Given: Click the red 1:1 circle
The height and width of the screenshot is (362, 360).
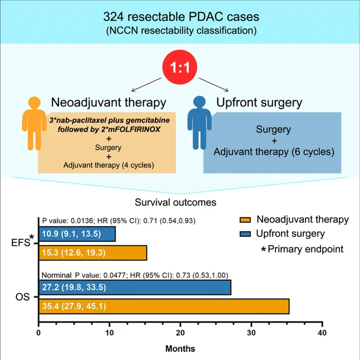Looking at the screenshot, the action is pos(180,67).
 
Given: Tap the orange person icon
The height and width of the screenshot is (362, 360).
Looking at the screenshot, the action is pos(35,124).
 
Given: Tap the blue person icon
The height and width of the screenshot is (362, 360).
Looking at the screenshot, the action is pos(200,122).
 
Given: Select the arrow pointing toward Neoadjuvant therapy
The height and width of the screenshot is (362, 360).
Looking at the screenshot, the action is pos(146,85).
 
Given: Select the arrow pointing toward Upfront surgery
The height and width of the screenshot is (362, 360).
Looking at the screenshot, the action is pos(214,85).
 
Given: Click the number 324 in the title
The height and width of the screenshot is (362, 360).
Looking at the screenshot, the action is pos(113,17).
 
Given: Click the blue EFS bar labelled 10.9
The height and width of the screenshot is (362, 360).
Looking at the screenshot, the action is pos(77,234).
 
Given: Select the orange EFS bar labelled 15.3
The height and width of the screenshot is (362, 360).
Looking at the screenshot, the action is pos(93,253).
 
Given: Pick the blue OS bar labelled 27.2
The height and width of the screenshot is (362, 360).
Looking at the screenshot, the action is pos(135,287).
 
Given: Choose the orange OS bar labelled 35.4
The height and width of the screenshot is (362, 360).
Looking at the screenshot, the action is pos(164,306).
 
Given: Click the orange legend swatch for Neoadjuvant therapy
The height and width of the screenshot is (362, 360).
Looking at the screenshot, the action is pos(245,220).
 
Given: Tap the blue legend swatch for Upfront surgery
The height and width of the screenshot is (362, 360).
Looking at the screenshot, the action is pos(245,234).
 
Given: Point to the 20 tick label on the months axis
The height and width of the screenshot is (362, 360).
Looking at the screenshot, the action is pos(180,333).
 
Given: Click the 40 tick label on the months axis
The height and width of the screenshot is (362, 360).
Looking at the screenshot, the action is pos(322,333).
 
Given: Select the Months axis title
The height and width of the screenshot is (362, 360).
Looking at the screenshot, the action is pos(180,348).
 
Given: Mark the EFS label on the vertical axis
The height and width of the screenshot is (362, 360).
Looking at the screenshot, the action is pos(21,242).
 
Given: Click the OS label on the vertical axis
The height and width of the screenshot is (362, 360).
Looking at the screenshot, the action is pos(22,297).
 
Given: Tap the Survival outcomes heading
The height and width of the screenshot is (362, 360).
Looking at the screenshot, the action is pos(176,202).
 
